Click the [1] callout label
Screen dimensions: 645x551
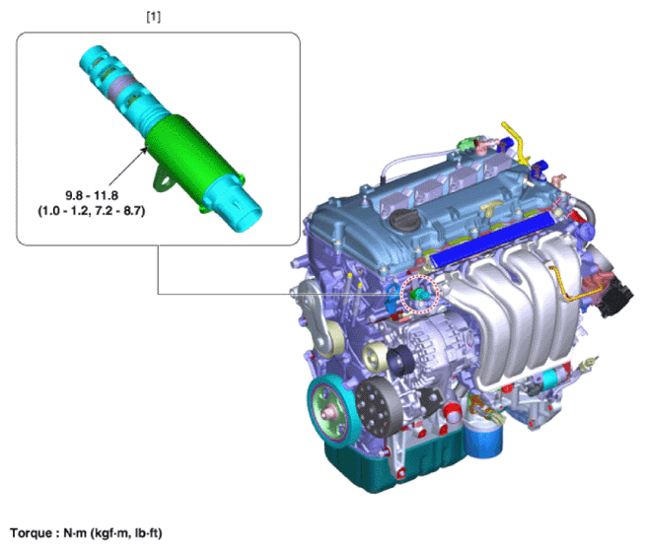pos(154,17)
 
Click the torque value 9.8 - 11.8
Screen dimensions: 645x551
pos(92,195)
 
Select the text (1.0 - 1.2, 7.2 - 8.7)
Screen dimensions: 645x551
pos(92,211)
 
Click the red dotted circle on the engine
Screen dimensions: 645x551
pos(420,294)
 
